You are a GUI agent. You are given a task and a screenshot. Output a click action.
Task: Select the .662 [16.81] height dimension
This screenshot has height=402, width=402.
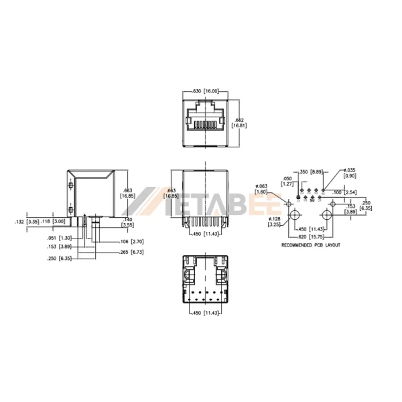[x=239, y=122]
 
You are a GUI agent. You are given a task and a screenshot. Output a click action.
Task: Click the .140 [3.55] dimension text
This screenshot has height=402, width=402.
[x=128, y=222]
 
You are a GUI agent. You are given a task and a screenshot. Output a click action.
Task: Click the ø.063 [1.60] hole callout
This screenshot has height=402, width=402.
[x=261, y=188]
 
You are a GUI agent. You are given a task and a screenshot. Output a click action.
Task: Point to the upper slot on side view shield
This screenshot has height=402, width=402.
[x=70, y=184]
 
